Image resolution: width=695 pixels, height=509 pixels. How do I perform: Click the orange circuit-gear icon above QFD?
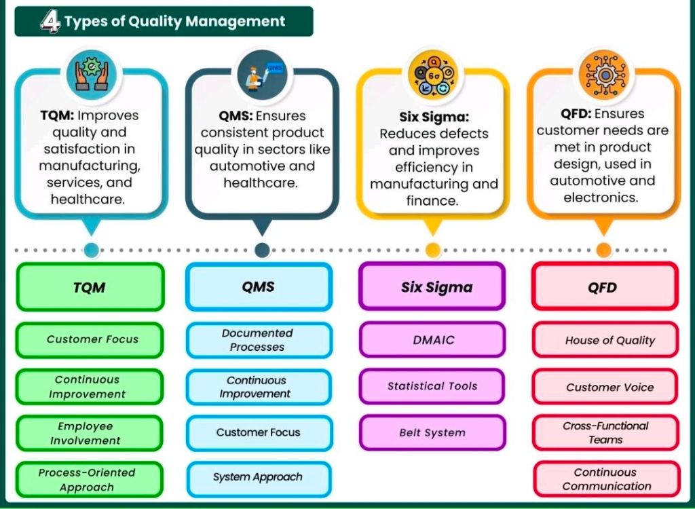point(603,74)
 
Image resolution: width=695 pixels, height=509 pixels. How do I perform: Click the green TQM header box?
point(90,287)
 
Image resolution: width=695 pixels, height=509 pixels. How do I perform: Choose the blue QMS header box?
point(259,286)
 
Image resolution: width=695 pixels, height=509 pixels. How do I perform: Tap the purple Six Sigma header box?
point(432,287)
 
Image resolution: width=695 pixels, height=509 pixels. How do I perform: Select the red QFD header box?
point(603,287)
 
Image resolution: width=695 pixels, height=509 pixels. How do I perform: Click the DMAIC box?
point(432,339)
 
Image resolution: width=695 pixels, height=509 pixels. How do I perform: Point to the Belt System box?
point(432,432)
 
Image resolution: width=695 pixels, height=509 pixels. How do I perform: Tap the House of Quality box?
point(606,341)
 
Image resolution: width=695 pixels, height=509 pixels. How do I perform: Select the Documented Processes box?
point(259,340)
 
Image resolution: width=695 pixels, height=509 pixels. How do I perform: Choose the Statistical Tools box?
point(432,386)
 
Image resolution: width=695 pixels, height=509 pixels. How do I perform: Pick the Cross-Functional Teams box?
point(606,433)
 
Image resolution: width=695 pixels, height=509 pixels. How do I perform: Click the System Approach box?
point(259,477)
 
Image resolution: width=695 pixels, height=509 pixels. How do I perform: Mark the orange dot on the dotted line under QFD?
point(603,250)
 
